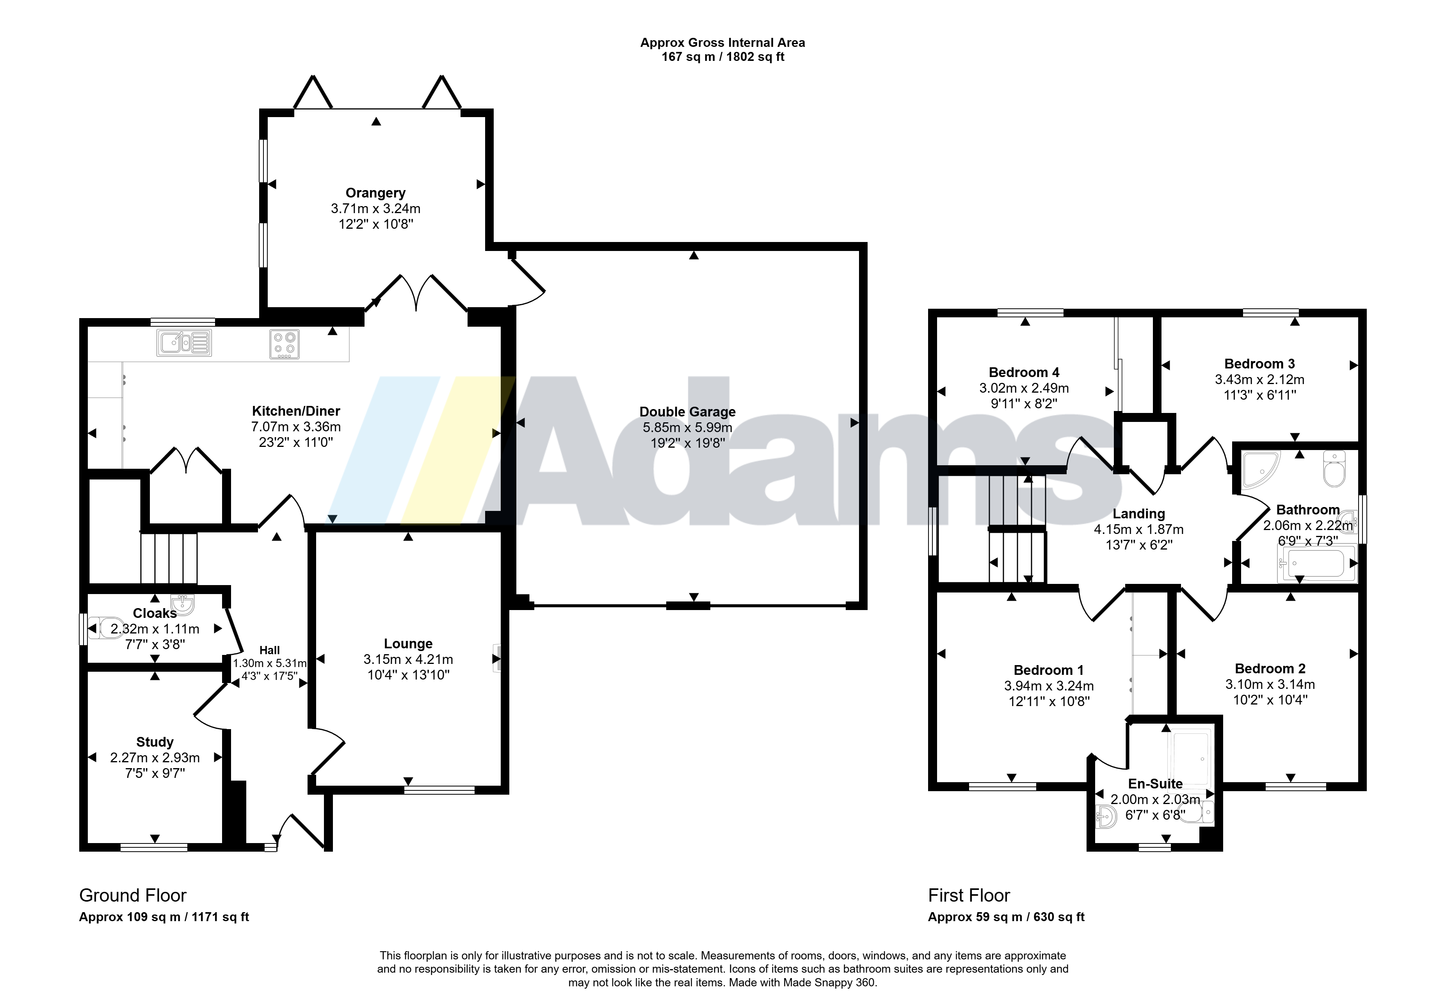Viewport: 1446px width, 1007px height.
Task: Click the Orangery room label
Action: click(375, 193)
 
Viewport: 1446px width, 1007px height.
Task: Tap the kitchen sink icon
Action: click(184, 343)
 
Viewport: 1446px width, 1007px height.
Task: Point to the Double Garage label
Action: click(688, 412)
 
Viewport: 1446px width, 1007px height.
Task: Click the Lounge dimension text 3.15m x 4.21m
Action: click(408, 659)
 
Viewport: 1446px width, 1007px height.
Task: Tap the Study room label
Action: click(155, 742)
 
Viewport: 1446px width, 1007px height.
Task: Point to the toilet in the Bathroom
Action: click(1334, 469)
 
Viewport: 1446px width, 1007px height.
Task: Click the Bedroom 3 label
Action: click(1259, 364)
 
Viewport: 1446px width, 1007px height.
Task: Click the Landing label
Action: click(1139, 514)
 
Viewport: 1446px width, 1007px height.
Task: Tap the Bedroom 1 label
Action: click(1049, 670)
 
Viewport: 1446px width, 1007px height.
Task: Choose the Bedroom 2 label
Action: click(1270, 669)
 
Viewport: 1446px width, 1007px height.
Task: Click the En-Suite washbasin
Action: click(1106, 817)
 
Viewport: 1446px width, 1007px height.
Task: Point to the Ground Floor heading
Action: click(133, 895)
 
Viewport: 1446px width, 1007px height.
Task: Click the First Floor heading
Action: click(969, 895)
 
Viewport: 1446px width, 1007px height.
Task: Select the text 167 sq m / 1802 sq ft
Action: click(723, 57)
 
